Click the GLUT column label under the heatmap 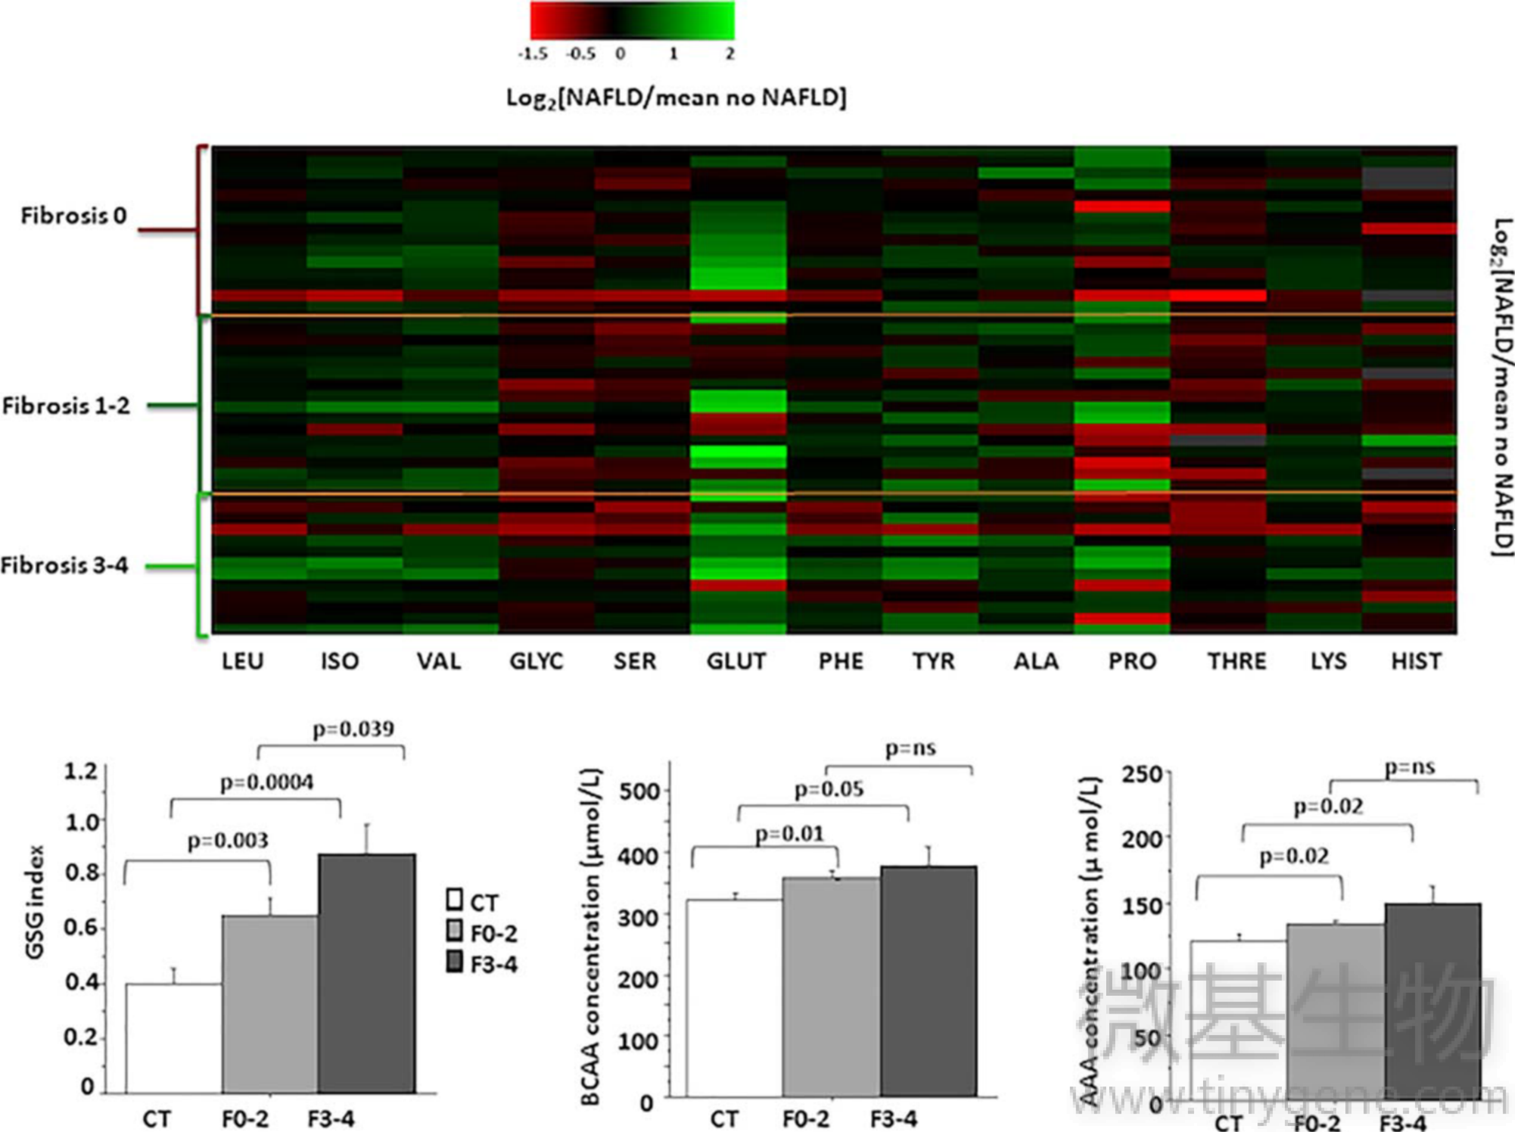pos(736,661)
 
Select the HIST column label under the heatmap pos(1416,661)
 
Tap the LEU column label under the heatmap pos(243,661)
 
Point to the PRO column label pos(1132,661)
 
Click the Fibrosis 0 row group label pos(74,216)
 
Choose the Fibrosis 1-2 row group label pos(66,405)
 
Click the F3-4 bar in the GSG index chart pos(366,972)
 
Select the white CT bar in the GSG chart pos(174,1038)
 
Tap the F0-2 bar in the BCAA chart pos(831,986)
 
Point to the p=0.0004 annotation pos(267,782)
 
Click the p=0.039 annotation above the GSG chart pos(353,729)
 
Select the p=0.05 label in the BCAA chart pos(829,790)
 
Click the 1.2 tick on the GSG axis pos(80,772)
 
